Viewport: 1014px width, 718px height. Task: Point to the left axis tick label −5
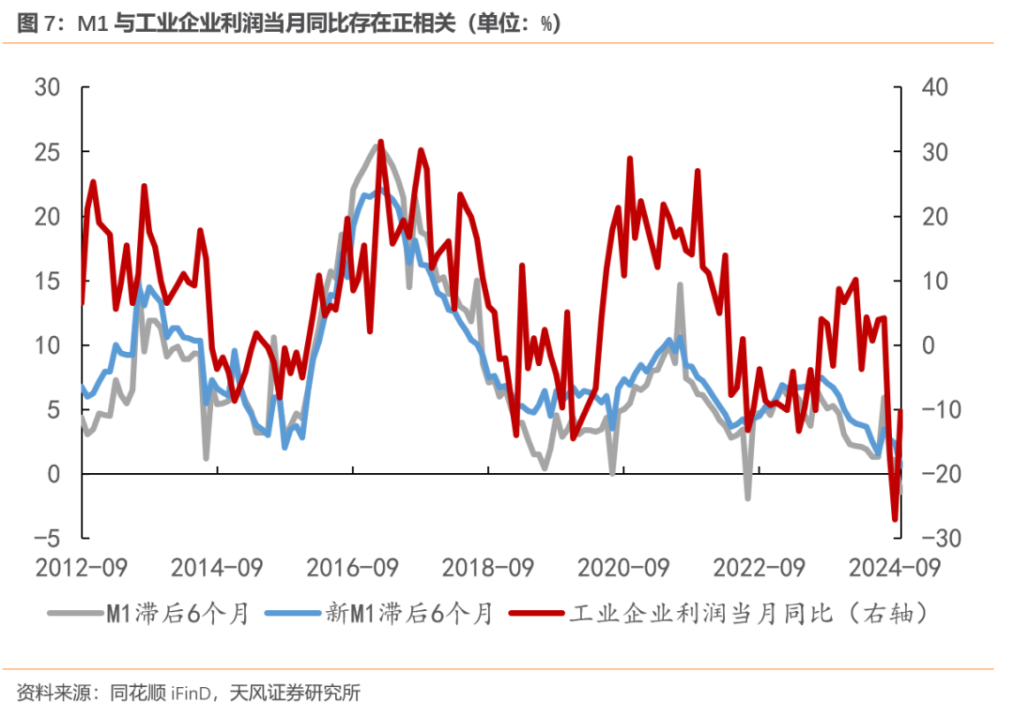(x=47, y=539)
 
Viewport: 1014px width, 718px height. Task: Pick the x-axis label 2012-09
(x=81, y=568)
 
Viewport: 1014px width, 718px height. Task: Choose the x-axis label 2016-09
(x=353, y=568)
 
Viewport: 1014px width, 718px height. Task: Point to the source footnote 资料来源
(x=189, y=694)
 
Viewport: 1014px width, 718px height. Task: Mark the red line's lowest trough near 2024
(x=895, y=519)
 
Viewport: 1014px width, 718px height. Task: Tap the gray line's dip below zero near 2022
(x=748, y=497)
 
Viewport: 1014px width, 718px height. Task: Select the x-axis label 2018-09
(x=489, y=568)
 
